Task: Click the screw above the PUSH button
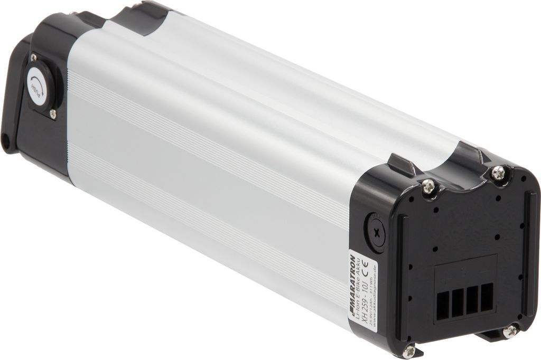33,57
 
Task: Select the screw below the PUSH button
53,113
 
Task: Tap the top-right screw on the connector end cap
497,172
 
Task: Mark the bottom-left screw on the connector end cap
408,349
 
